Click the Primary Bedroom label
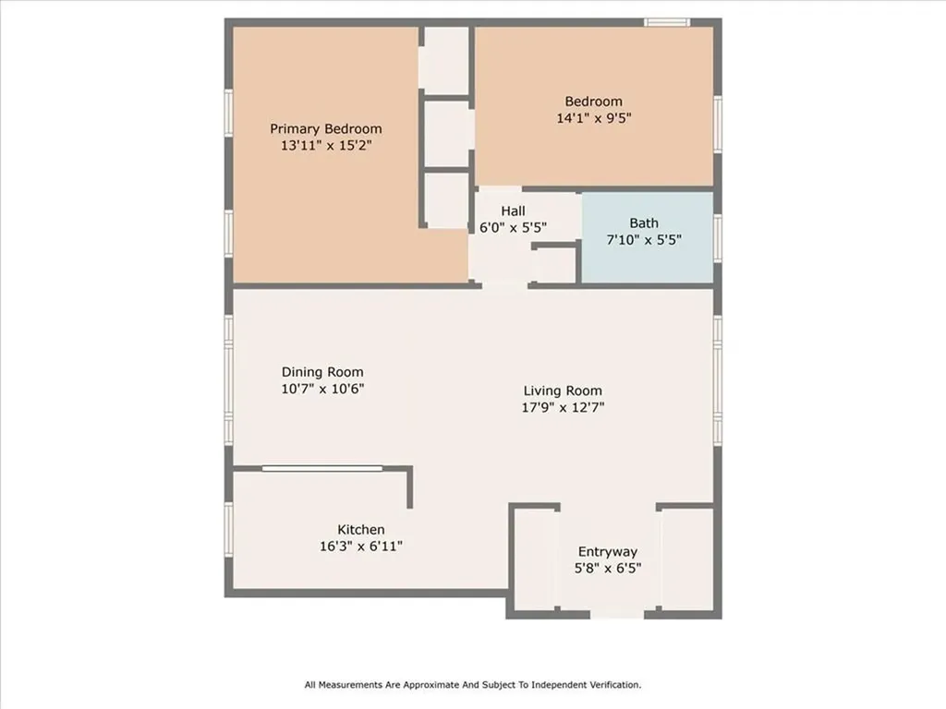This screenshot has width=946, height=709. (x=325, y=129)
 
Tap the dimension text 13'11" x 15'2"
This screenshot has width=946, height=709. (x=325, y=146)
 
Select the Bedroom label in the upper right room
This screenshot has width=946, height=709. (x=593, y=102)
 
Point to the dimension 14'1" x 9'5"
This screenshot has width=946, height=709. (x=593, y=118)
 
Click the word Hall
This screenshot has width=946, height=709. (x=513, y=210)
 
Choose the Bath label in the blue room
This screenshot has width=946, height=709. (x=644, y=222)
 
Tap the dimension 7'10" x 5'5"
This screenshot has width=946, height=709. (x=644, y=239)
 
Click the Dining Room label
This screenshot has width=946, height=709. (x=323, y=372)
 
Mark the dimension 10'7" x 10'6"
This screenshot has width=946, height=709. (x=323, y=389)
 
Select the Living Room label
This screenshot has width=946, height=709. (x=563, y=391)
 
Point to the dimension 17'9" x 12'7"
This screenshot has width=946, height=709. (x=563, y=407)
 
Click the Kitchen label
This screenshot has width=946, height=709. (x=360, y=529)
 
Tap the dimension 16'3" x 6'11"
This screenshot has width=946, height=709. (x=360, y=546)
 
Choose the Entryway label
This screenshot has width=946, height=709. (x=607, y=552)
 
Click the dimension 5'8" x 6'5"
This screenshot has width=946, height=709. (x=607, y=569)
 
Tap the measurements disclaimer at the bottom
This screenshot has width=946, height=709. (x=473, y=685)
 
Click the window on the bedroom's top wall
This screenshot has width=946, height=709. (x=666, y=22)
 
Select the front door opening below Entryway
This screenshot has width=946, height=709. (x=617, y=613)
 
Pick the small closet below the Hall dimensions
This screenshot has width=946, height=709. (x=555, y=264)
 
